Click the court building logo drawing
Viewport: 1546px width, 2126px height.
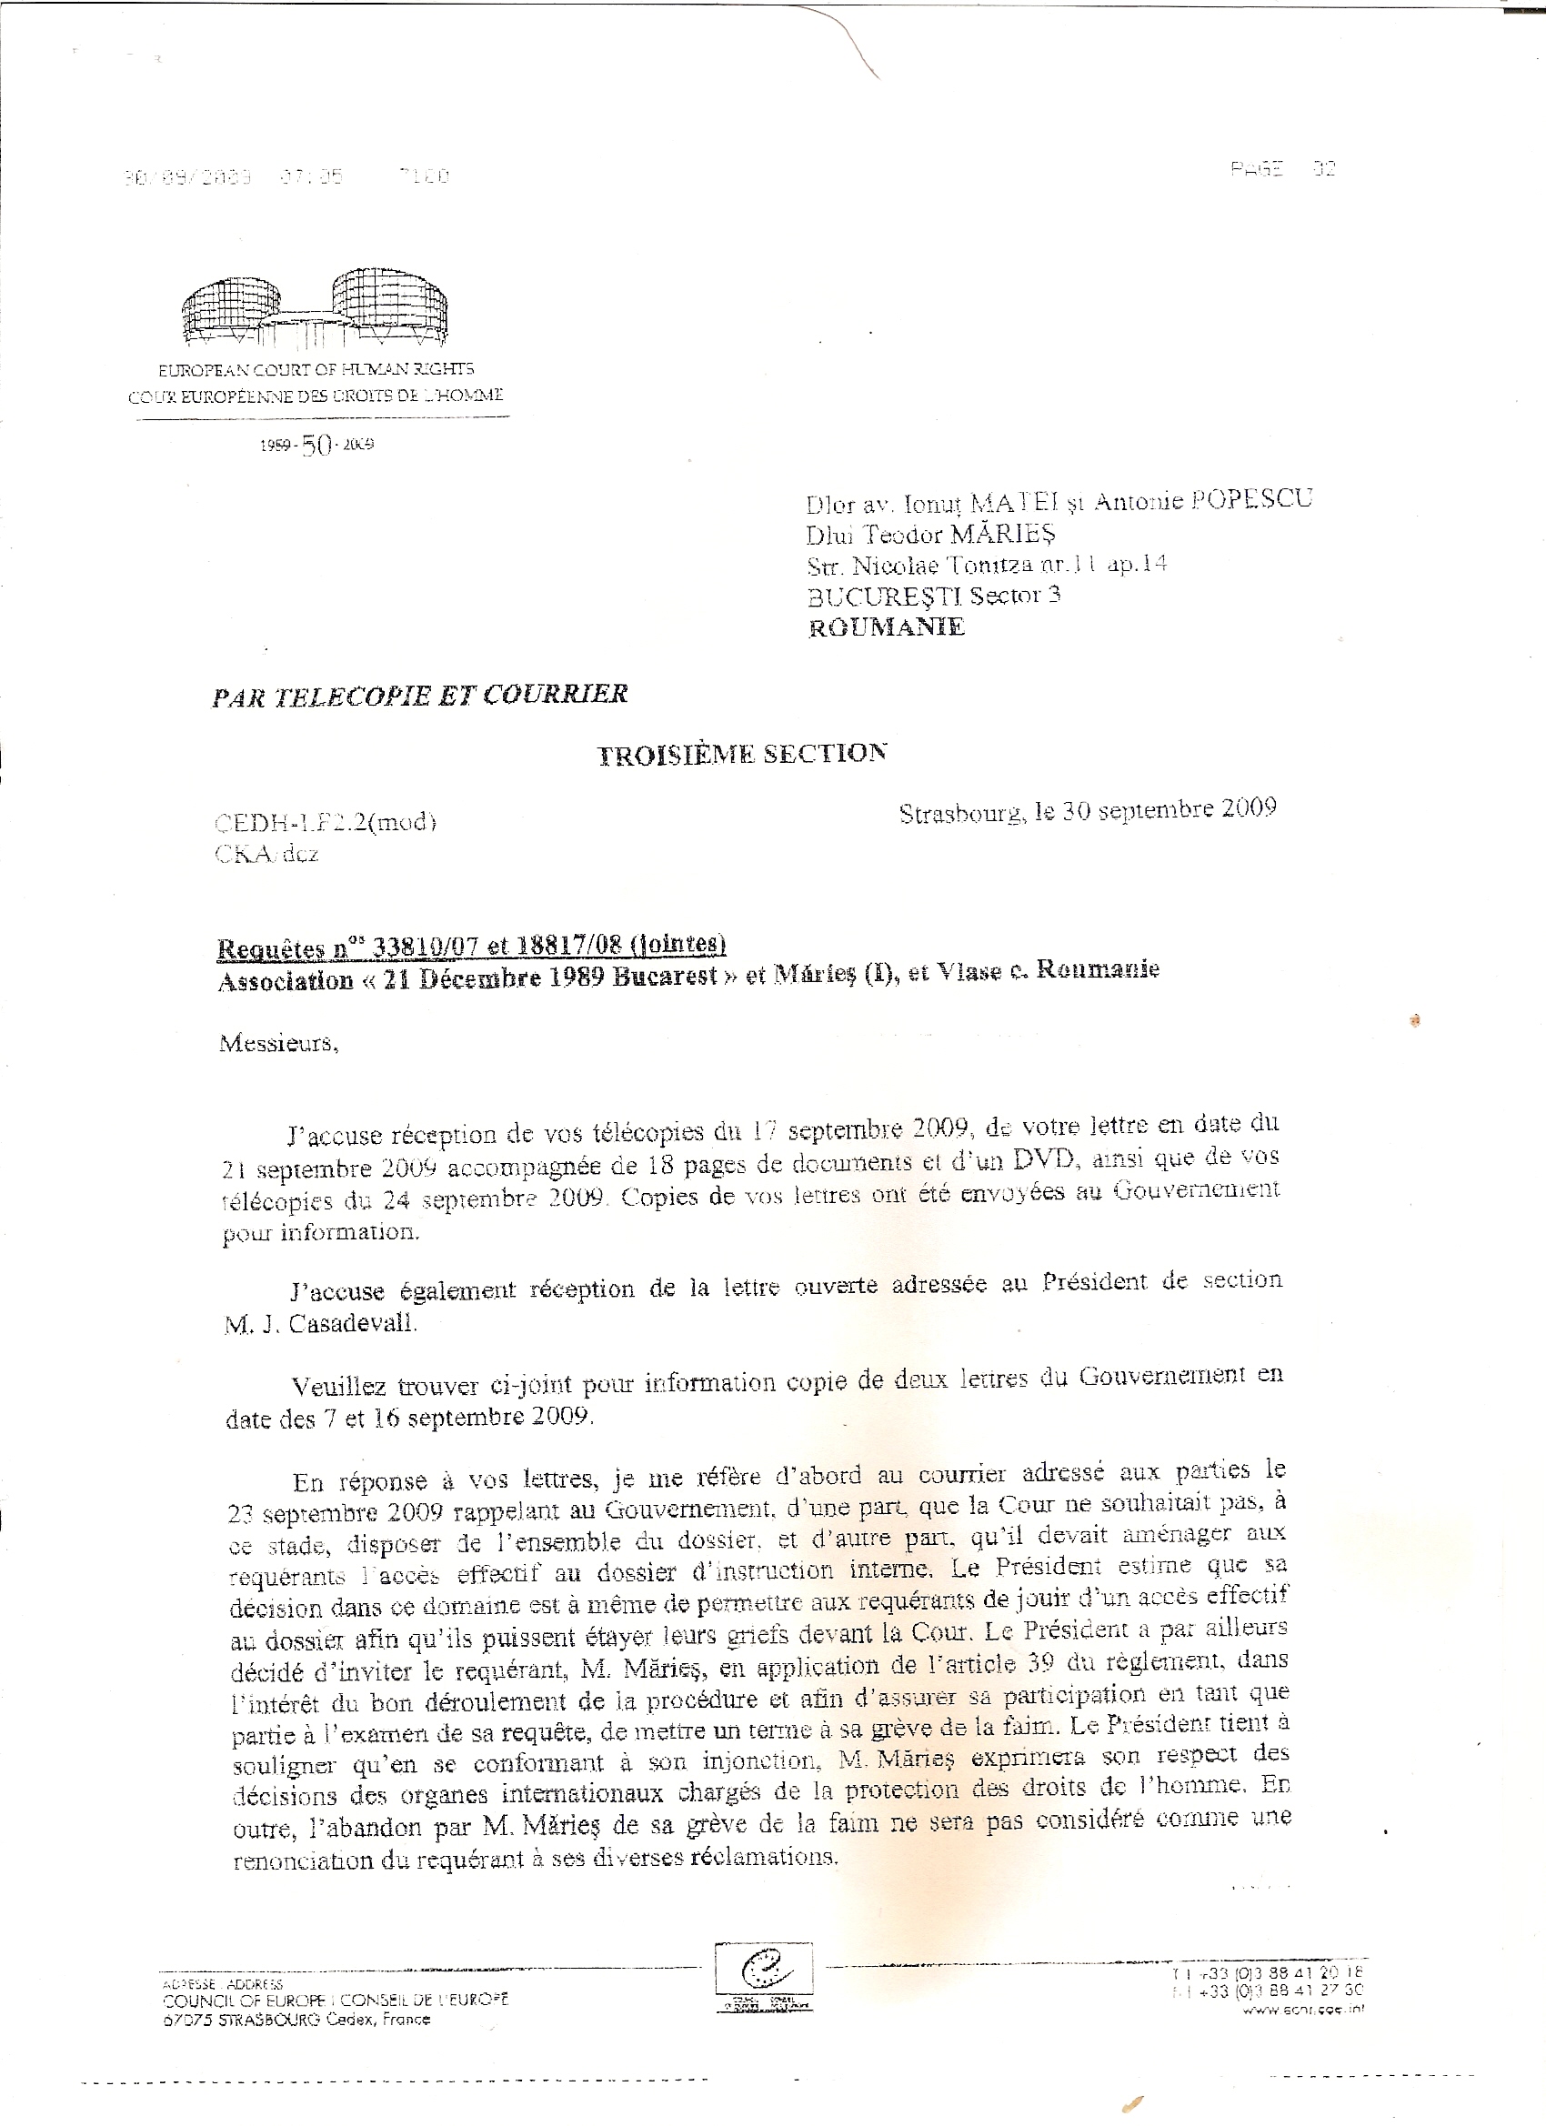pyautogui.click(x=316, y=307)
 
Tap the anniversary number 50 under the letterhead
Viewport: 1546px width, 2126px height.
pyautogui.click(x=316, y=446)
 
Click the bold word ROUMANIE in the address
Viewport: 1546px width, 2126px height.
pyautogui.click(x=885, y=627)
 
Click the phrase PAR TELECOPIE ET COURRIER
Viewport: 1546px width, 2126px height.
pyautogui.click(x=420, y=695)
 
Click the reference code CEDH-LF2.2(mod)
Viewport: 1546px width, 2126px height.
pyautogui.click(x=326, y=822)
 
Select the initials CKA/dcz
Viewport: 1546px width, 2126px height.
pyautogui.click(x=266, y=854)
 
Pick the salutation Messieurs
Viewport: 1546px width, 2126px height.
pyautogui.click(x=278, y=1043)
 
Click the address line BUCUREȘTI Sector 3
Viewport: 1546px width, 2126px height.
pyautogui.click(x=933, y=596)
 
